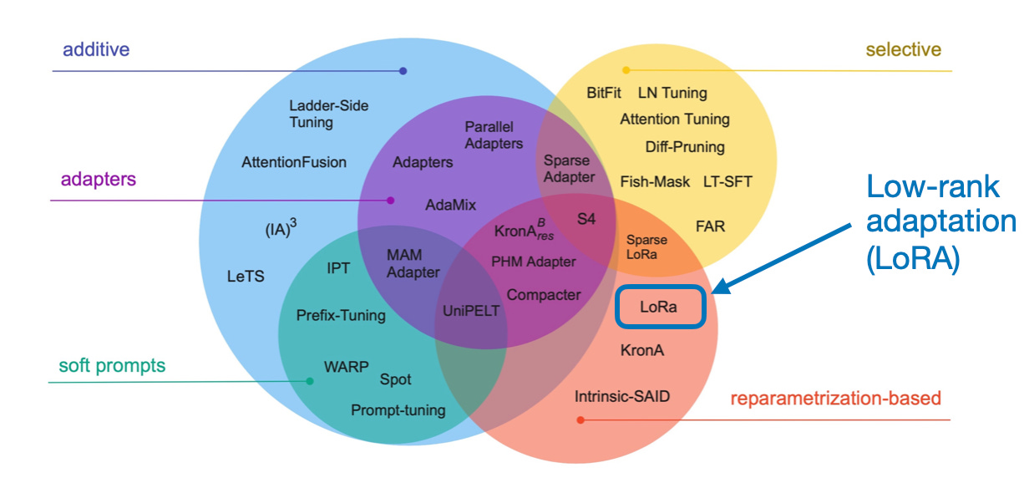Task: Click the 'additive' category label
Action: (x=96, y=49)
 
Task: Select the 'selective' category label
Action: (x=903, y=49)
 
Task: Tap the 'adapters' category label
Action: (x=98, y=179)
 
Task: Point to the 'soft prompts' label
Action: (x=112, y=365)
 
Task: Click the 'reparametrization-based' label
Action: (x=835, y=398)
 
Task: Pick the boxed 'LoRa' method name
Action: (x=661, y=307)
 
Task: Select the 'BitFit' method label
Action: (x=604, y=93)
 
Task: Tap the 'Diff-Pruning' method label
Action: (x=685, y=147)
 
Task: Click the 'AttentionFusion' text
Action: (x=293, y=162)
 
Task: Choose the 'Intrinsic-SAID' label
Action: (x=622, y=396)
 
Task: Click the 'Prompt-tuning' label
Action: (x=398, y=410)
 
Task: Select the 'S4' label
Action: (x=586, y=219)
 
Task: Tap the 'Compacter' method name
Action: (x=544, y=294)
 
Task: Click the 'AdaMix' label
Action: (x=450, y=204)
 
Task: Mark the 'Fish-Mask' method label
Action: (x=655, y=181)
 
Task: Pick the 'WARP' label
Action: (x=346, y=367)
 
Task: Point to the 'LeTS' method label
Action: (x=246, y=276)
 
